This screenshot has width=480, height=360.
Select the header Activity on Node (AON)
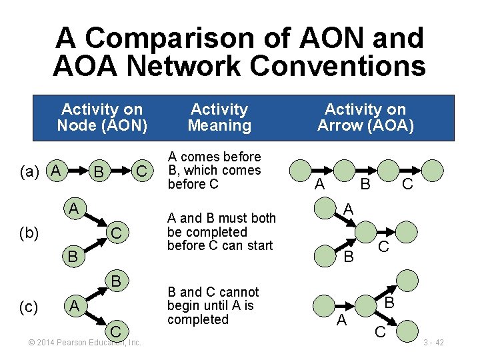(102, 117)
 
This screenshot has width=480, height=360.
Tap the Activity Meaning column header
(219, 117)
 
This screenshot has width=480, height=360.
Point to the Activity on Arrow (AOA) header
(365, 117)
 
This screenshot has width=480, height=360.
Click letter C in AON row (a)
(141, 173)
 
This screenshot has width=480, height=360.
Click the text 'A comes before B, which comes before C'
(214, 170)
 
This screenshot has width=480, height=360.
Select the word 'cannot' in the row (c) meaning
(238, 292)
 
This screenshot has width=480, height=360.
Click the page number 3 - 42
(433, 343)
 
